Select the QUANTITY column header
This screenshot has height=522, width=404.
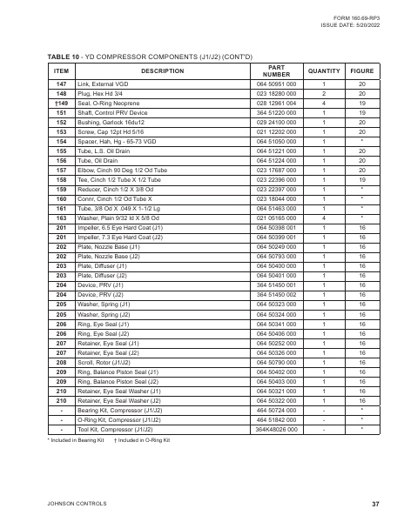[x=323, y=70]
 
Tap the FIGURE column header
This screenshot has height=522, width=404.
[x=361, y=70]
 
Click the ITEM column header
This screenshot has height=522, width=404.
[x=61, y=70]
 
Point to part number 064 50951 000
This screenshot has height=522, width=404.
[x=276, y=85]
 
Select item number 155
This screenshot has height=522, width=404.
[x=61, y=151]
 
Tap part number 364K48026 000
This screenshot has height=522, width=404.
[x=276, y=429]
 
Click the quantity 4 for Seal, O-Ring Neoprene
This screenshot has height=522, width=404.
[x=323, y=104]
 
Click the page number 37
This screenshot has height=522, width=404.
[x=374, y=504]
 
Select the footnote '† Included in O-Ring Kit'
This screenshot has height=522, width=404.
[x=142, y=441]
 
